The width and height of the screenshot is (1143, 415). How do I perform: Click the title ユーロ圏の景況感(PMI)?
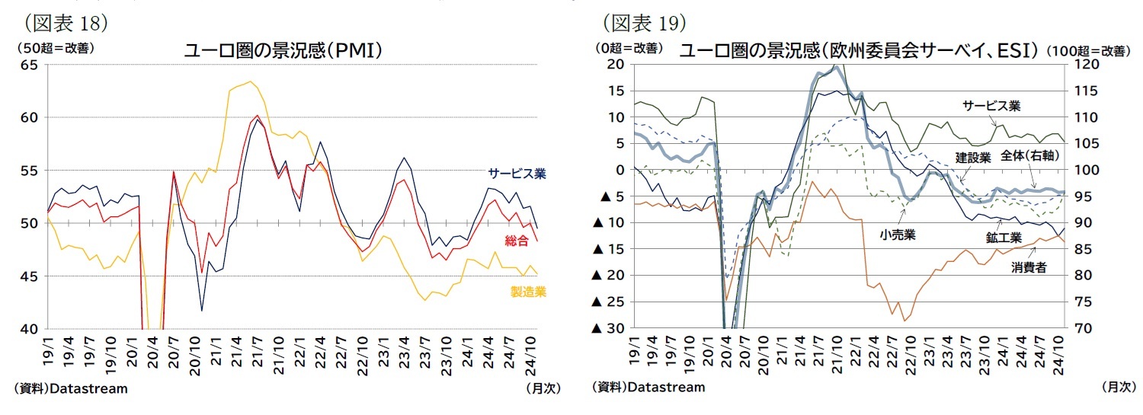click(x=282, y=51)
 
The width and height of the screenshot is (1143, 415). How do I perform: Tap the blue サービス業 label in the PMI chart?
click(x=517, y=174)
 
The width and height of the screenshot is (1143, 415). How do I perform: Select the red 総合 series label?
click(x=527, y=241)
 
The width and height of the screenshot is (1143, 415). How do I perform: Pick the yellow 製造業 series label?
click(x=528, y=292)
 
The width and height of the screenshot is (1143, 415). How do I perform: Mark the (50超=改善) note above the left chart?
click(x=53, y=47)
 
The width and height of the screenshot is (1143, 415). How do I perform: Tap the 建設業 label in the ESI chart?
click(x=973, y=158)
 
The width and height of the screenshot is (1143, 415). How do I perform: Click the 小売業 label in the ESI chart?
click(x=897, y=235)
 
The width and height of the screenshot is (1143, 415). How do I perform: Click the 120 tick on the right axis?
click(x=1082, y=65)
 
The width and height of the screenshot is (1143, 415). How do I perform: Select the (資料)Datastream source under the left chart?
click(x=71, y=388)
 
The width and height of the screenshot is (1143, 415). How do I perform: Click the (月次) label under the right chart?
click(x=1118, y=387)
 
